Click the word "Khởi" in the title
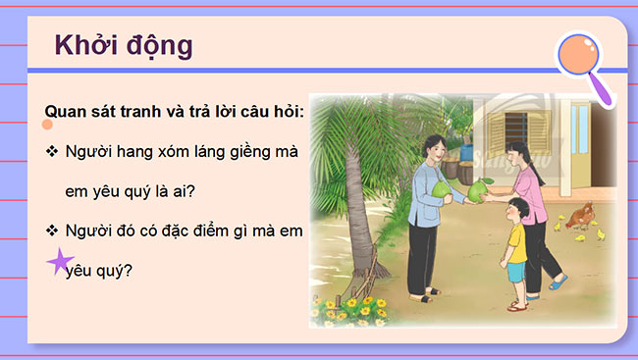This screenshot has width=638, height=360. pos(80,46)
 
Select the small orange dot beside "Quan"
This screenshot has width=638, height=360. pos(46,126)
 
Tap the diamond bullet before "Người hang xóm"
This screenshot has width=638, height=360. pos(51,153)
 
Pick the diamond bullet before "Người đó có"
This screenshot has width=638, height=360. pos(51,231)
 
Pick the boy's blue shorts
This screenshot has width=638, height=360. pos(514,272)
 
